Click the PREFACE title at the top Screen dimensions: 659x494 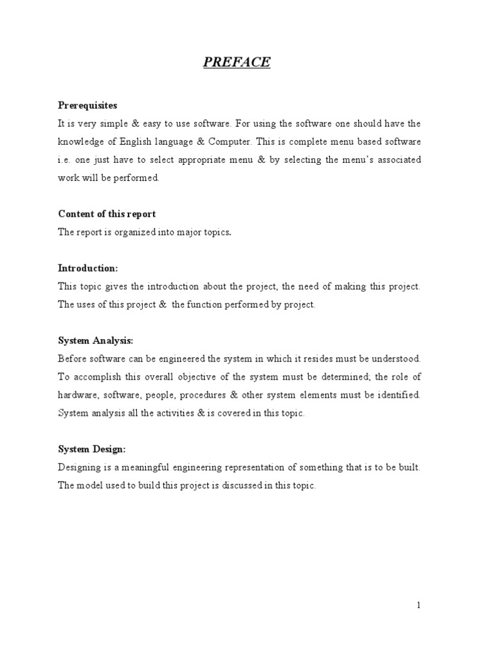[x=237, y=62]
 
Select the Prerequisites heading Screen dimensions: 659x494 [x=87, y=105]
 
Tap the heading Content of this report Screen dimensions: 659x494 [x=107, y=214]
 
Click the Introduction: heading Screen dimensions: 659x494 [x=88, y=268]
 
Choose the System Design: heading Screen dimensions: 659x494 [x=92, y=449]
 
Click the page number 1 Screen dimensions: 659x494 [x=418, y=605]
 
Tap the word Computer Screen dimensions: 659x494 [x=228, y=142]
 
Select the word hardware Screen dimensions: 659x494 [x=77, y=394]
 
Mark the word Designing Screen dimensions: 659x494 [x=78, y=467]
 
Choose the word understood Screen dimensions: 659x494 [x=396, y=358]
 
